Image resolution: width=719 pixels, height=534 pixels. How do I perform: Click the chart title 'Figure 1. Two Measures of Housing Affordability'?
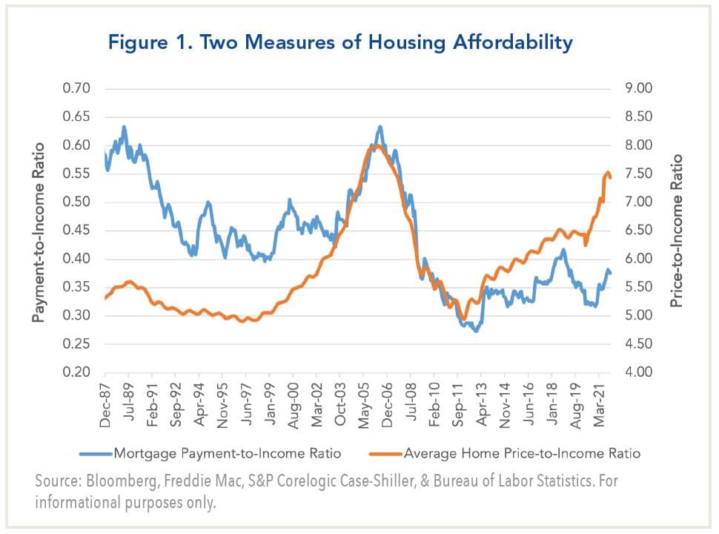coord(340,43)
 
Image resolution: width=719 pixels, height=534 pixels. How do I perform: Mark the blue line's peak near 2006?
coord(380,127)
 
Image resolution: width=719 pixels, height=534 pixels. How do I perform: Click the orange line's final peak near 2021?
coord(608,173)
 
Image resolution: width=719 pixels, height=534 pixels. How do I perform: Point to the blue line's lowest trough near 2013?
coord(476,331)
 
